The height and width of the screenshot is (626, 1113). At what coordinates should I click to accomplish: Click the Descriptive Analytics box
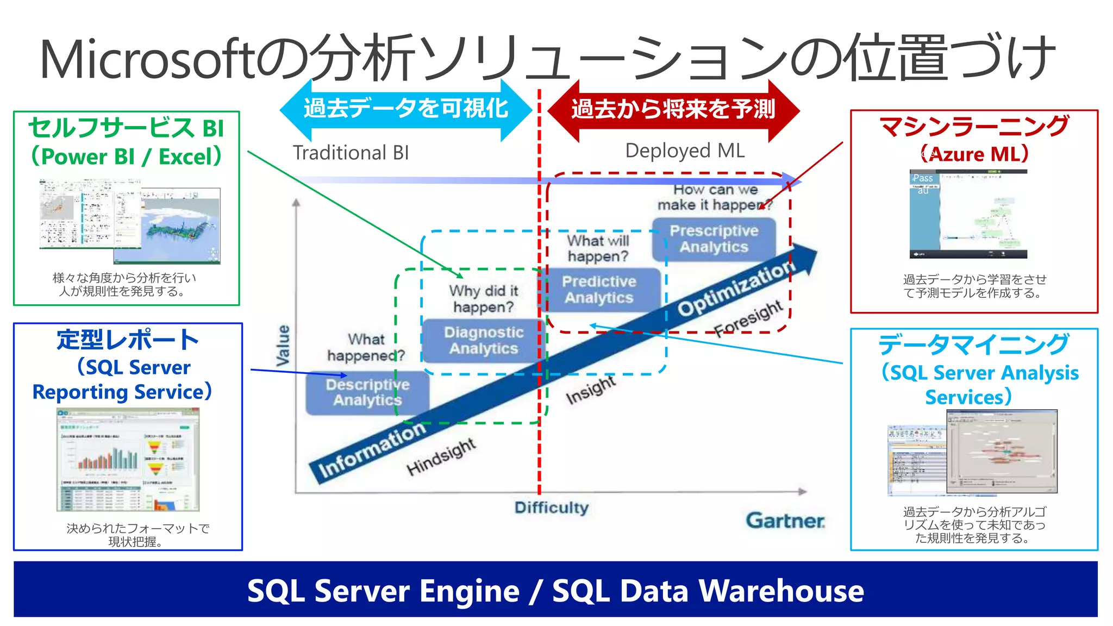pos(367,392)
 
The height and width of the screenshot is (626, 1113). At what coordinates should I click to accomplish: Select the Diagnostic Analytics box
pos(483,341)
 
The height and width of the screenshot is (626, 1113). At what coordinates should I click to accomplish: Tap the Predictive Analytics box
pos(599,290)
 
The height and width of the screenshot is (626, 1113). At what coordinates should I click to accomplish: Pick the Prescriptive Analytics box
pos(714,239)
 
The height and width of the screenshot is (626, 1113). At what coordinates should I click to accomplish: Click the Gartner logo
pos(785,521)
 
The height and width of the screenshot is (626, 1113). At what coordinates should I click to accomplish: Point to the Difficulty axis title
pos(551,508)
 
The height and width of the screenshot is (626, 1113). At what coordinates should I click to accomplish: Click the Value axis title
pos(283,346)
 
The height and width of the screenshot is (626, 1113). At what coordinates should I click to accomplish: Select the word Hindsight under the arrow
pos(441,456)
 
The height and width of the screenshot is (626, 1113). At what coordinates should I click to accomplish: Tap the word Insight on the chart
pos(590,390)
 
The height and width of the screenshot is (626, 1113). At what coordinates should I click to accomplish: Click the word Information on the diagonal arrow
pos(372,450)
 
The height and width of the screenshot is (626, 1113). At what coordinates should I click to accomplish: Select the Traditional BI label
pos(351,153)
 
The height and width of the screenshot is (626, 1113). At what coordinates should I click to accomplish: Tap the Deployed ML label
pos(685,151)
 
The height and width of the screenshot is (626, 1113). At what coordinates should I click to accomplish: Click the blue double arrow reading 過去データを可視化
pos(405,109)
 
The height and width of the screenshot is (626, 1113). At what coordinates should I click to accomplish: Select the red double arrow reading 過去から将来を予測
pos(673,109)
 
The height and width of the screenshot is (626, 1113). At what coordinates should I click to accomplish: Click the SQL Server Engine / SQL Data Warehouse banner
pos(555,590)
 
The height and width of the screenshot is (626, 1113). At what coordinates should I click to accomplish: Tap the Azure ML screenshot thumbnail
pos(968,214)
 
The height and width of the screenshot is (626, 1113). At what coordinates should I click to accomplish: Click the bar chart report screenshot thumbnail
pos(128,460)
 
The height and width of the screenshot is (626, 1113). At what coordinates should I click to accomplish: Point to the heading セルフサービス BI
pos(126,128)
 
